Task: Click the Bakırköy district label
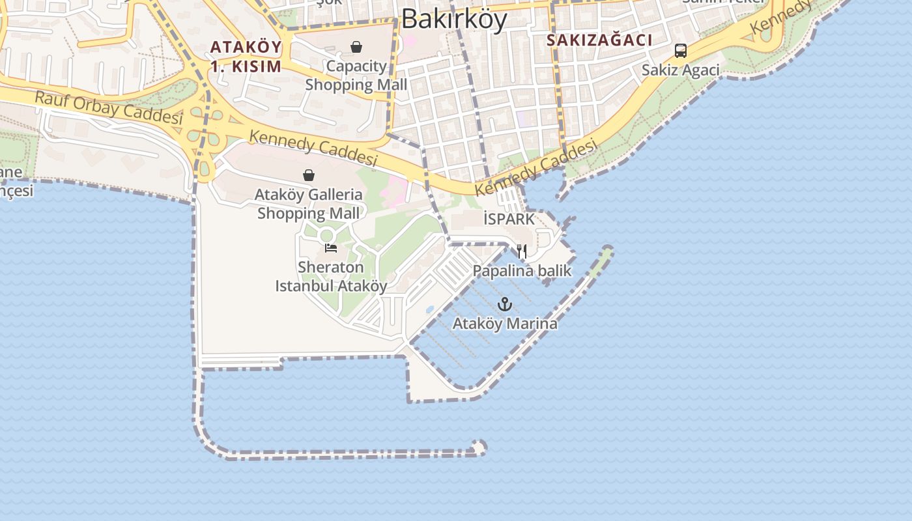point(454,20)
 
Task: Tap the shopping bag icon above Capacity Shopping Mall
point(356,47)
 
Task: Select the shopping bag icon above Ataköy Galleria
point(309,175)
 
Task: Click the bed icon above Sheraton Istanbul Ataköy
point(331,248)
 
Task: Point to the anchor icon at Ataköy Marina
point(504,304)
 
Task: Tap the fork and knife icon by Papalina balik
point(521,251)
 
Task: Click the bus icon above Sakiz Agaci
point(681,51)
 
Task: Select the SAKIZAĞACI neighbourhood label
point(599,40)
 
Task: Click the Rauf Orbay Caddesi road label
point(108,108)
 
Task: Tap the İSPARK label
point(509,219)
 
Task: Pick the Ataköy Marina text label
point(505,324)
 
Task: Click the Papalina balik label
point(522,271)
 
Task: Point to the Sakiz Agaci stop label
point(681,70)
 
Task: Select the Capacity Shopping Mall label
point(356,76)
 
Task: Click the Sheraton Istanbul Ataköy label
point(331,277)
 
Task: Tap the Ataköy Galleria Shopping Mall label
point(309,204)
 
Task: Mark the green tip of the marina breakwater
point(607,251)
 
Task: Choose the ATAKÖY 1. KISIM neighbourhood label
point(246,57)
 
